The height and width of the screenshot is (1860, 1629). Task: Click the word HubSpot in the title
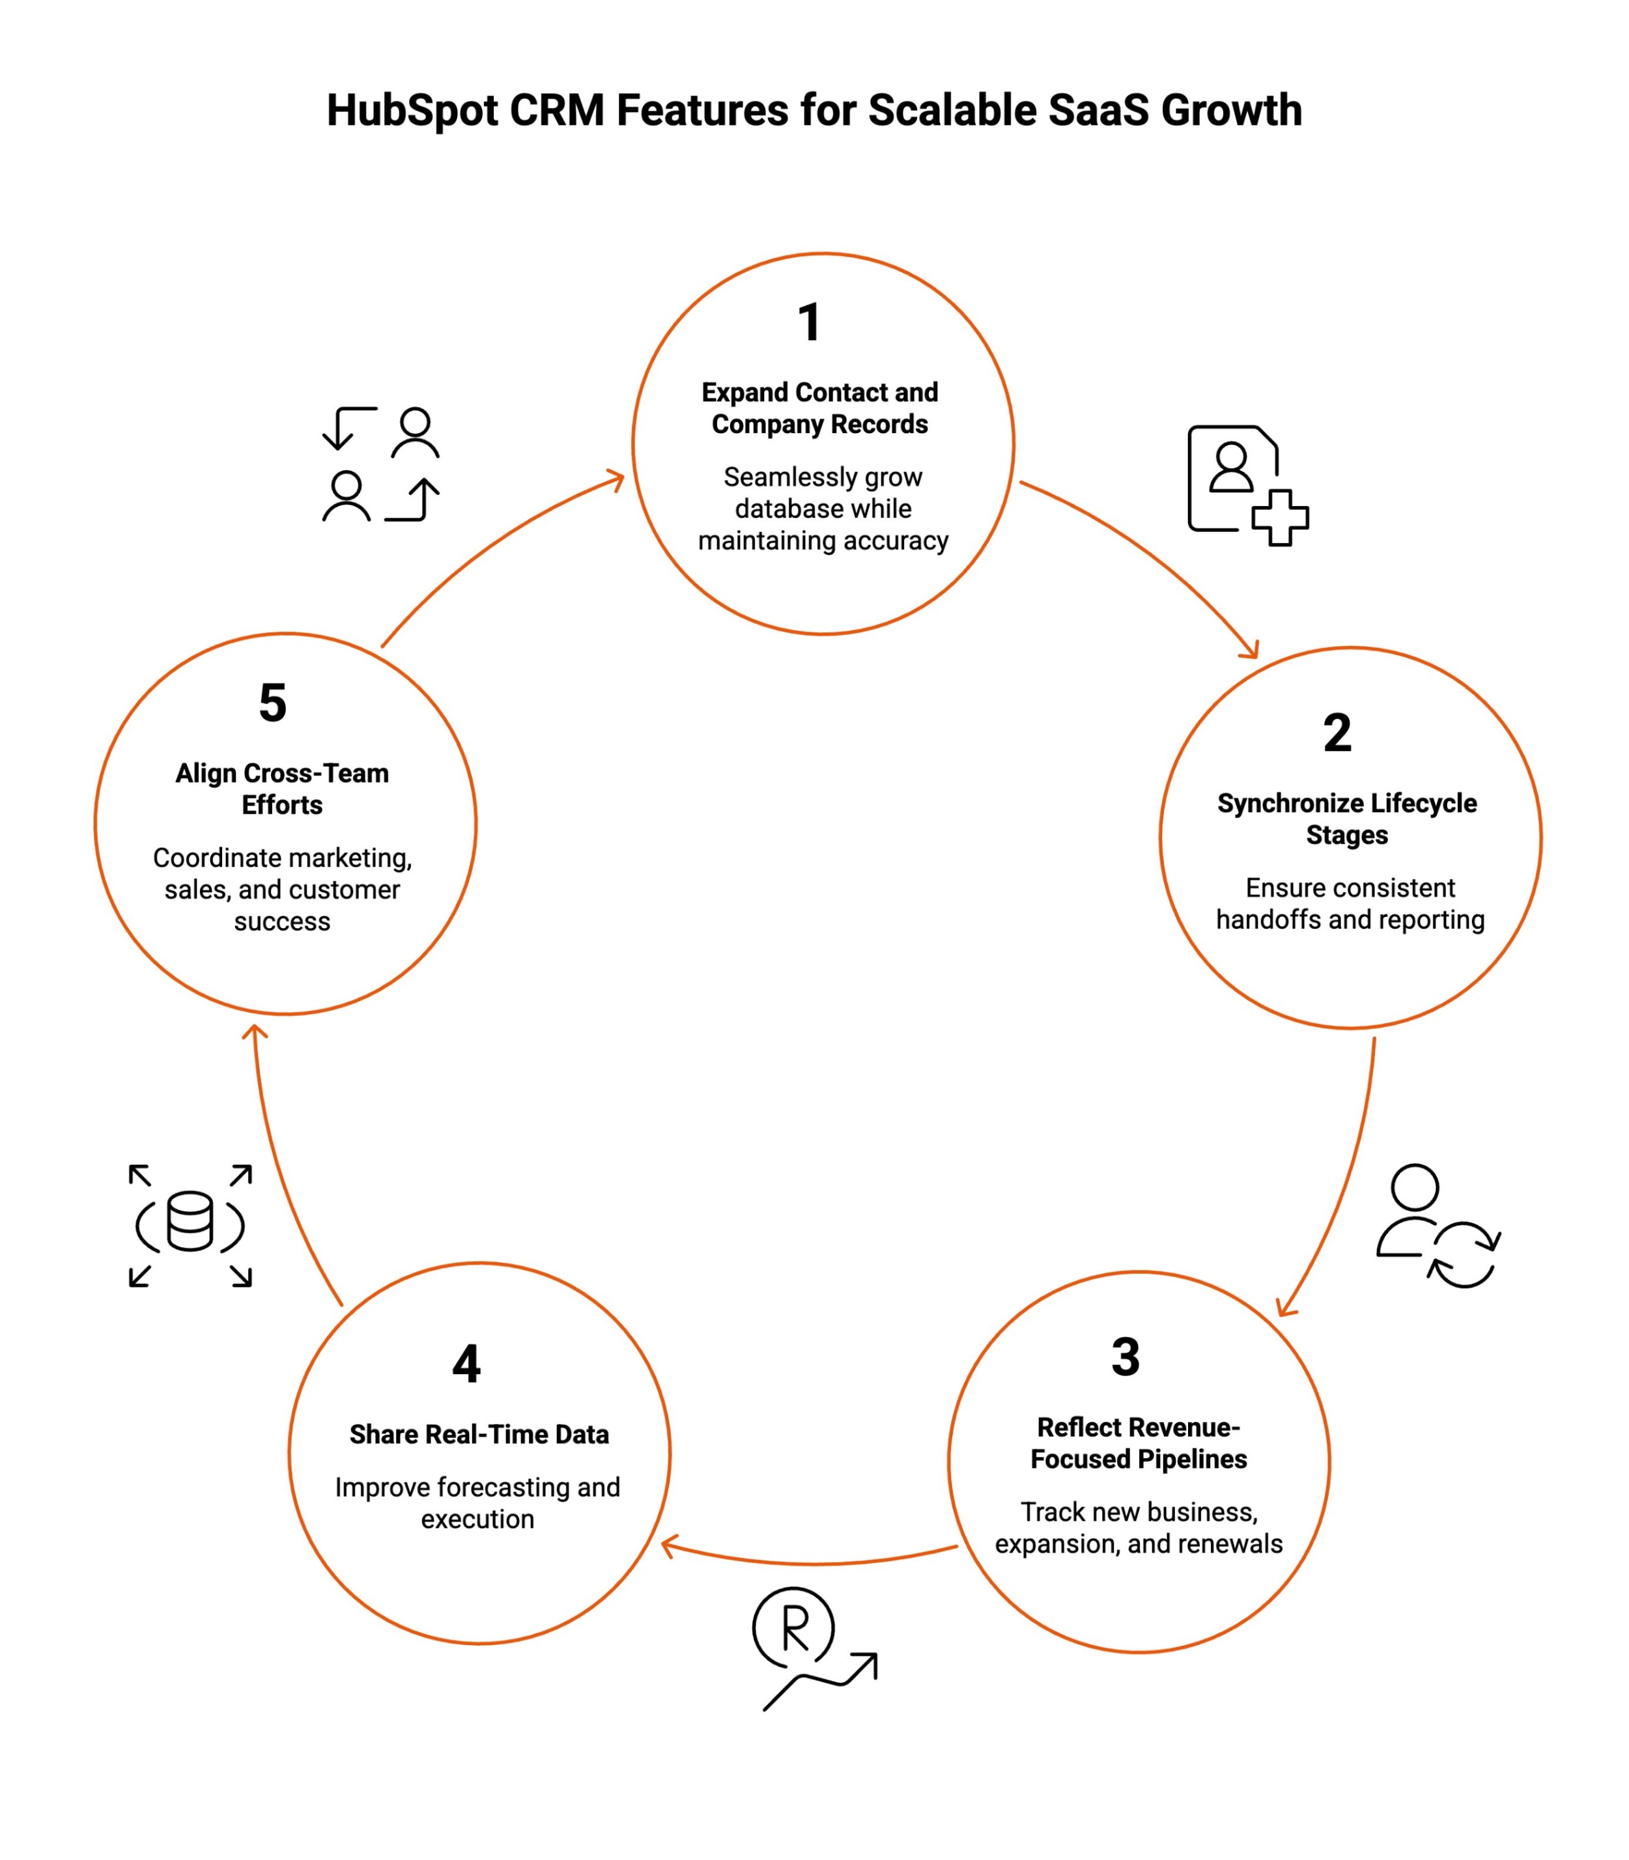pyautogui.click(x=412, y=111)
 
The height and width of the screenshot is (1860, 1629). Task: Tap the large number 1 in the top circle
pyautogui.click(x=809, y=323)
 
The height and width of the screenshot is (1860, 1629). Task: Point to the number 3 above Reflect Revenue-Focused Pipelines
pyautogui.click(x=1126, y=1357)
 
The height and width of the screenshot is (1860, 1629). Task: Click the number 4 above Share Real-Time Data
pyautogui.click(x=466, y=1364)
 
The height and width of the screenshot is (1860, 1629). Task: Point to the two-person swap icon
pyautogui.click(x=381, y=464)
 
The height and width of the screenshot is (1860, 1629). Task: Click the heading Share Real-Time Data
pyautogui.click(x=479, y=1435)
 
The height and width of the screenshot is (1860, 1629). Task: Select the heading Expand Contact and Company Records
pyautogui.click(x=820, y=408)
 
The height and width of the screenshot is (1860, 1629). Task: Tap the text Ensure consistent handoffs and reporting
pyautogui.click(x=1350, y=904)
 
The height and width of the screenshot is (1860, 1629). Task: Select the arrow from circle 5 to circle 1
pyautogui.click(x=491, y=546)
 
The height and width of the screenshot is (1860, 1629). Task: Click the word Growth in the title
pyautogui.click(x=1231, y=111)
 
